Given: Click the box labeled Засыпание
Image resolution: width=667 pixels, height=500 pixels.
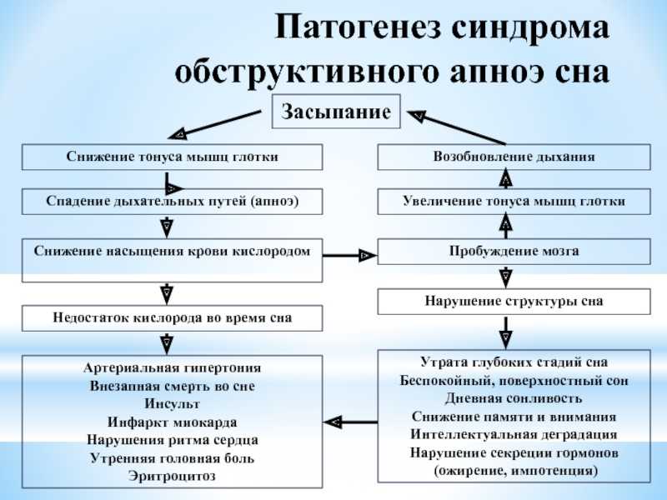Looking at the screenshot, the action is point(336,112).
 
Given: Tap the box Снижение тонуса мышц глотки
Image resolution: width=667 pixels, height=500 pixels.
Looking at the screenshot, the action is point(173,157).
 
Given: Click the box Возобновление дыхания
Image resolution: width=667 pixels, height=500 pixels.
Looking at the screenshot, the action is point(514,157).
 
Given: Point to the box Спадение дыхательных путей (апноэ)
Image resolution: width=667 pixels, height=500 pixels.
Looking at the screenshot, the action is point(173,201).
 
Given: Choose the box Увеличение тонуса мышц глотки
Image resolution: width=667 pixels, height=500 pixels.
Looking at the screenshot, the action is point(514,201).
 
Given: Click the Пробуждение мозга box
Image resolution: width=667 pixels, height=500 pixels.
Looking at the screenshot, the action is point(514,252).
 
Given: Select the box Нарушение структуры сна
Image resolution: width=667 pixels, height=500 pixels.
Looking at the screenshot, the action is point(514,302).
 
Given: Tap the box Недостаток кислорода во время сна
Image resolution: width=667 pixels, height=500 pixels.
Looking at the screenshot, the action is point(173,318).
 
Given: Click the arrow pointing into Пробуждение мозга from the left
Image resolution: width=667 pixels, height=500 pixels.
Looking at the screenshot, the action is point(349,256).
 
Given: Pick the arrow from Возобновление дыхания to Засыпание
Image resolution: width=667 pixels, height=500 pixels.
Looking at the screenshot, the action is point(456,127).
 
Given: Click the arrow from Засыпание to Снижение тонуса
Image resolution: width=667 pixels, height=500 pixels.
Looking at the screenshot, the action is point(214,124).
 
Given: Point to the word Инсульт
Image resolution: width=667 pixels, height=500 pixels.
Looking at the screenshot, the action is point(173,403).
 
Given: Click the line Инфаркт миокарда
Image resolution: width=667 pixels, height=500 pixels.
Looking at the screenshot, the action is point(173,422).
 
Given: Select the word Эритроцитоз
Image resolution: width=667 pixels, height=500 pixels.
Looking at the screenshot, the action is point(173,476).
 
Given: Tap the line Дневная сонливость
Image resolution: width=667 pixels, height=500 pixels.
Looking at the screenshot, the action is point(514,399).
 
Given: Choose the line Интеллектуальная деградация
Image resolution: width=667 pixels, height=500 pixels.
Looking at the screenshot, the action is point(514,434).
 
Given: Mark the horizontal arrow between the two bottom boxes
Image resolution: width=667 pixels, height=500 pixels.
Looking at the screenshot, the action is point(350,422).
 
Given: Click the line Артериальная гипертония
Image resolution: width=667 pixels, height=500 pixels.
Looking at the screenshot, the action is point(173,367).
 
